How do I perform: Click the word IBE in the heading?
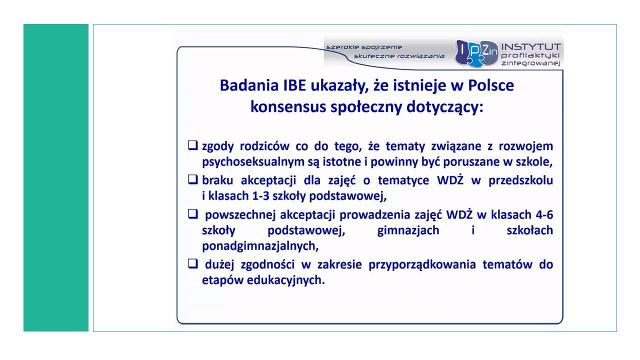point(294,85)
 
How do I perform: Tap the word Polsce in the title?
point(490,85)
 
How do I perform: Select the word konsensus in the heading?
point(288,107)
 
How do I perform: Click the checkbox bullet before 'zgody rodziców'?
point(193,145)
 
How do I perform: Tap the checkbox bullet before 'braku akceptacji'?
point(193,179)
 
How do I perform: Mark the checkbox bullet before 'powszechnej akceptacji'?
point(193,213)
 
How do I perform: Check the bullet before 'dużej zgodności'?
point(193,263)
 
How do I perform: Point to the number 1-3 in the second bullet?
point(260,195)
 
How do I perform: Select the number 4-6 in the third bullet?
point(544,214)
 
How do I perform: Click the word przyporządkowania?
point(422,265)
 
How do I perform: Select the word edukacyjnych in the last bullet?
point(285,280)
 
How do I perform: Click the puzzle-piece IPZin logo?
point(476,53)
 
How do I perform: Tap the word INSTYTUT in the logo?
point(531,46)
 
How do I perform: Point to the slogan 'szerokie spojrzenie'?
point(364,47)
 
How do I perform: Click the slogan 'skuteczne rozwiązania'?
point(399,56)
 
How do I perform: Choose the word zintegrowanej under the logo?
point(530,63)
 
